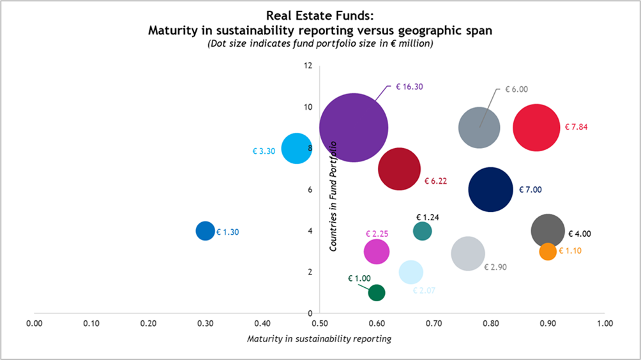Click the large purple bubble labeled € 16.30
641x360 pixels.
pos(354,127)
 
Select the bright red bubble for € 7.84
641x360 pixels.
pos(536,127)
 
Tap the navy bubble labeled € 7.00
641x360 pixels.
pos(490,190)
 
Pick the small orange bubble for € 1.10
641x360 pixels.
pos(548,251)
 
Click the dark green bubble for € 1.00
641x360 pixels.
pos(377,292)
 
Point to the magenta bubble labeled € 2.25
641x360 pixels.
pos(377,251)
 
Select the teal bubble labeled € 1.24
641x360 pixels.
pos(423,230)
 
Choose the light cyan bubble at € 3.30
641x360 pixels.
pos(296,148)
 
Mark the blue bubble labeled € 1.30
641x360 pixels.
pos(205,230)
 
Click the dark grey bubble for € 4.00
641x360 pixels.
pos(548,231)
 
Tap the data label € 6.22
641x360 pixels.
pos(435,181)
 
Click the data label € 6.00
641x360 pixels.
pos(517,90)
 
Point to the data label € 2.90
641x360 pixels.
pos(495,267)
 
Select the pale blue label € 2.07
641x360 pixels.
pos(424,291)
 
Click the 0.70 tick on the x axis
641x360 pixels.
pos(434,324)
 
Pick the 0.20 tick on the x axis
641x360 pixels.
pos(148,324)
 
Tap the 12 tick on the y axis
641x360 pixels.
pos(308,66)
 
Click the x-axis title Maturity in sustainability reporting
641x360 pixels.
pos(319,338)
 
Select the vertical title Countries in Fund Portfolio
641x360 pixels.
pos(333,197)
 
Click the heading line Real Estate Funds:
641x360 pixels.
pos(320,17)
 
